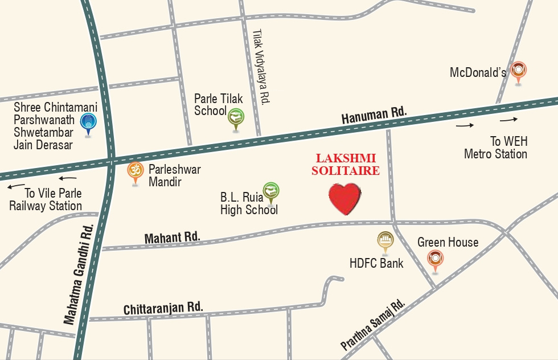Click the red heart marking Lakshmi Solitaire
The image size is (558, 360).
click(344, 198)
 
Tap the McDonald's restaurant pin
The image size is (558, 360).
click(518, 71)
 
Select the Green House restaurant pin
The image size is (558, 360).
click(436, 259)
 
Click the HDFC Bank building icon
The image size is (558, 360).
click(385, 240)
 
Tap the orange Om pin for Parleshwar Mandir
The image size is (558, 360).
click(135, 171)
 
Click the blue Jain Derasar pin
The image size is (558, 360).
click(87, 122)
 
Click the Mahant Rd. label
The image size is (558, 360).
click(172, 237)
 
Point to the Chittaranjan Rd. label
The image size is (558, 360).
click(163, 308)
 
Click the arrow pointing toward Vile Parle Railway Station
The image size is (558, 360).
click(15, 186)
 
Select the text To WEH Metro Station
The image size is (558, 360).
click(495, 148)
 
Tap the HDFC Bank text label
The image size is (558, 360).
click(376, 263)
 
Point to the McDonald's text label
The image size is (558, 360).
click(478, 72)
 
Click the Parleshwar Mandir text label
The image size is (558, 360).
click(174, 175)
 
